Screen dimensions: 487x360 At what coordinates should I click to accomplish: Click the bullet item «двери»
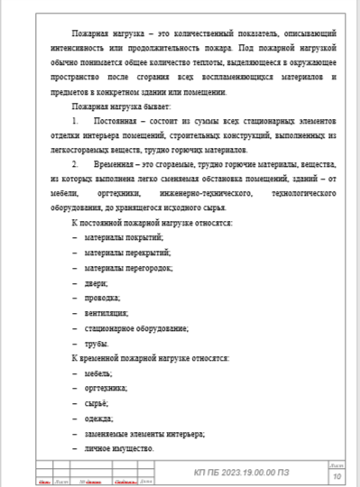[x=96, y=282]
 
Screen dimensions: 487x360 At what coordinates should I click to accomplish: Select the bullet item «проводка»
[x=101, y=298]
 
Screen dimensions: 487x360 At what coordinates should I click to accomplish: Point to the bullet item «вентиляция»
[x=106, y=313]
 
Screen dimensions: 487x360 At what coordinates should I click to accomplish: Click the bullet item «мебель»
[x=97, y=374]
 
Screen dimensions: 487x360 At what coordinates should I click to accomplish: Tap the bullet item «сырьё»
[x=96, y=404]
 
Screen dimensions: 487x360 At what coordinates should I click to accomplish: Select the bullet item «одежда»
[x=97, y=419]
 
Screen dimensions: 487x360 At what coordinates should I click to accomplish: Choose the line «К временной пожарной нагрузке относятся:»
[x=150, y=359]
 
